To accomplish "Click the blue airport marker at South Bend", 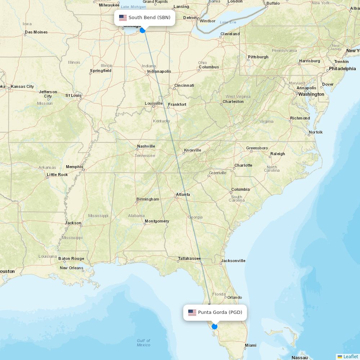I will click(x=143, y=30).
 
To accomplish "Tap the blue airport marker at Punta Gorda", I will click(x=215, y=327).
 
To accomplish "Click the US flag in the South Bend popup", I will click(x=123, y=18).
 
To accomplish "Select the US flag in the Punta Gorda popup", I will click(x=192, y=312).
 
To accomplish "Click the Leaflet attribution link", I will click(x=350, y=356).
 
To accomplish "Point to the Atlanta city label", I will click(x=183, y=194).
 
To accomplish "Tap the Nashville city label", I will click(x=146, y=146).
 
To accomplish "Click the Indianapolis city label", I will click(x=159, y=71).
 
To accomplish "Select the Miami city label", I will click(x=251, y=345).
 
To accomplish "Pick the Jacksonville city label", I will click(x=233, y=261).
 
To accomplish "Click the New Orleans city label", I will click(x=71, y=268).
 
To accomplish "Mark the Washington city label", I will click(x=311, y=94).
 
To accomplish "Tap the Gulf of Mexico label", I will click(x=143, y=343).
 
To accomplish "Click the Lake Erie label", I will click(x=228, y=22).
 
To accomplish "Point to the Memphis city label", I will click(x=75, y=167).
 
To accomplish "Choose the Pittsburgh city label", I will click(x=258, y=57).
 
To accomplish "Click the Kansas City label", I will click(x=22, y=86).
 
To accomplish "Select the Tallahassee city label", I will click(x=189, y=258).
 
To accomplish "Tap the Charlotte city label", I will click(x=243, y=165).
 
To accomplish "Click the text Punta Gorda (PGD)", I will click(x=220, y=312).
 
